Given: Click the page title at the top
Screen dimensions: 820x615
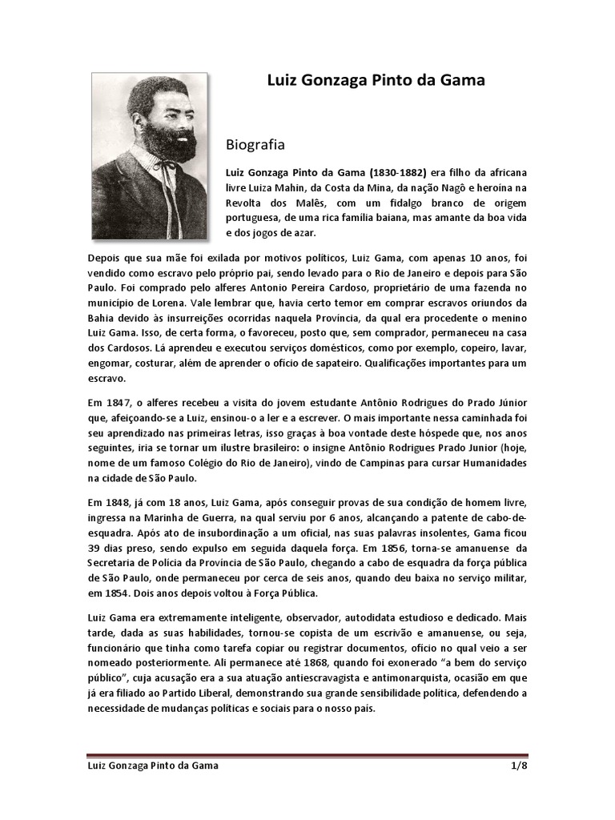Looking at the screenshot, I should [375, 80].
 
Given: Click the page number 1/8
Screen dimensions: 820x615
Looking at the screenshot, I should [518, 766].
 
